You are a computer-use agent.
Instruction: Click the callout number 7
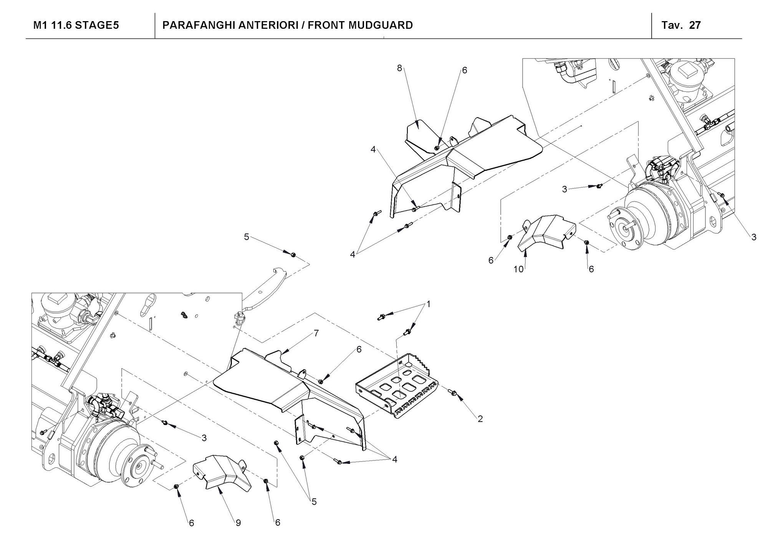(316, 333)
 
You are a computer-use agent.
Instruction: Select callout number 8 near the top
(399, 68)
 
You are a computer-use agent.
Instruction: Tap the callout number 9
(238, 523)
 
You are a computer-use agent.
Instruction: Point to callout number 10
(518, 269)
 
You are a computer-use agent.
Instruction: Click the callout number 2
(480, 419)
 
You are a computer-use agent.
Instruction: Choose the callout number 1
(429, 305)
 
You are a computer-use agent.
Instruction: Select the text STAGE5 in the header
(97, 25)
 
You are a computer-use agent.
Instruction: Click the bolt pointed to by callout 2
(452, 392)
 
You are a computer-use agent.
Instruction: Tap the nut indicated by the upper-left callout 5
(293, 255)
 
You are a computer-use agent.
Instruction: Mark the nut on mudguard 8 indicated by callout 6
(437, 148)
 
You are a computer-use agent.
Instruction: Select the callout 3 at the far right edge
(754, 237)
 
